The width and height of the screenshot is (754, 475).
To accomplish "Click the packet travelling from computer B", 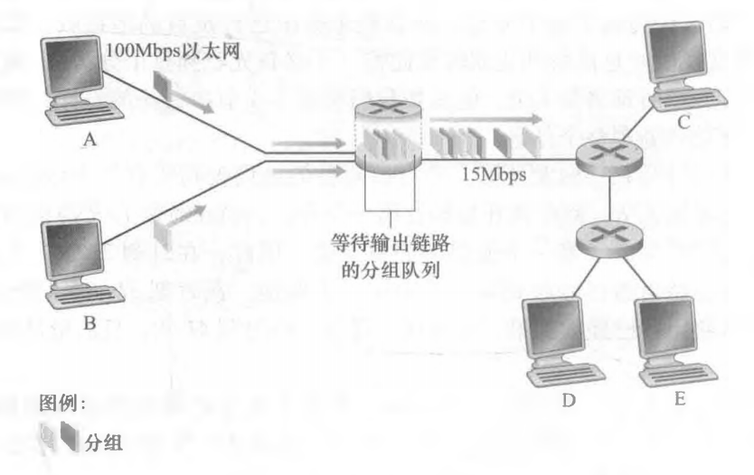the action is pos(163,231).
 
